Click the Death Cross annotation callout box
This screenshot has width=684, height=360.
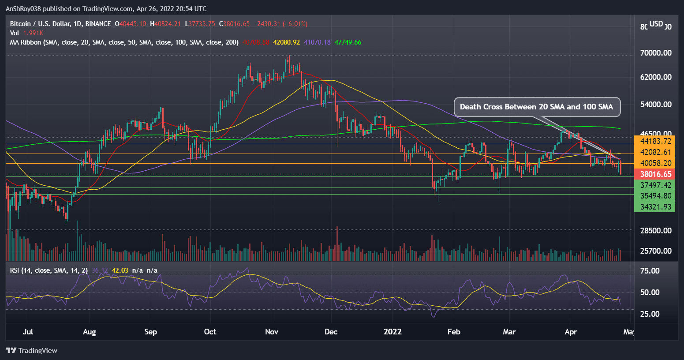click(537, 107)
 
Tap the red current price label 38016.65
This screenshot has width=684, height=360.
click(655, 174)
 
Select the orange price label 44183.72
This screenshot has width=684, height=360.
click(655, 141)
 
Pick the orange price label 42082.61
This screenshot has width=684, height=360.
click(655, 152)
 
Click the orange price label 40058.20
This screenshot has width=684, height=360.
click(655, 163)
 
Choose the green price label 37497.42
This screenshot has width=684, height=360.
click(655, 185)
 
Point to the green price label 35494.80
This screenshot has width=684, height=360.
click(655, 196)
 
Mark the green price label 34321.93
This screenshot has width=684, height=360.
click(655, 206)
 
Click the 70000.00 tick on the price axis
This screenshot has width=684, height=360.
click(655, 53)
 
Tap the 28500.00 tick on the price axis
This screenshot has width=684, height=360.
click(655, 231)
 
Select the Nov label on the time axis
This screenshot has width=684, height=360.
click(272, 332)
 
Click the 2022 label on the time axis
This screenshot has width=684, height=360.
click(392, 332)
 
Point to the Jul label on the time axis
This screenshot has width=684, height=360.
click(28, 332)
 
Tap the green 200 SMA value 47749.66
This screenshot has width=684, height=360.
click(348, 42)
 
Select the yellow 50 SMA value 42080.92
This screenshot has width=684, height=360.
click(286, 42)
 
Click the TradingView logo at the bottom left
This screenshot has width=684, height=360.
click(32, 351)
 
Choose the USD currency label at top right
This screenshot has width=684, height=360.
click(656, 24)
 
